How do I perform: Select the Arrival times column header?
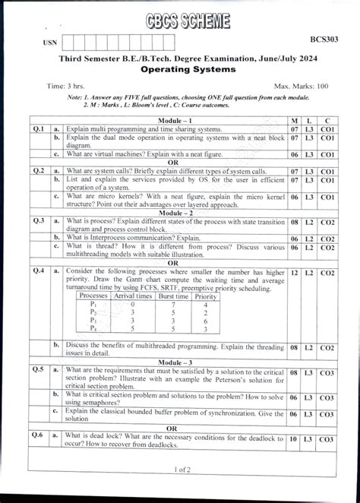(x=132, y=296)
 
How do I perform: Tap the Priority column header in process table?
(x=206, y=296)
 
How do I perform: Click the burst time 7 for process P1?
(x=174, y=304)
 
